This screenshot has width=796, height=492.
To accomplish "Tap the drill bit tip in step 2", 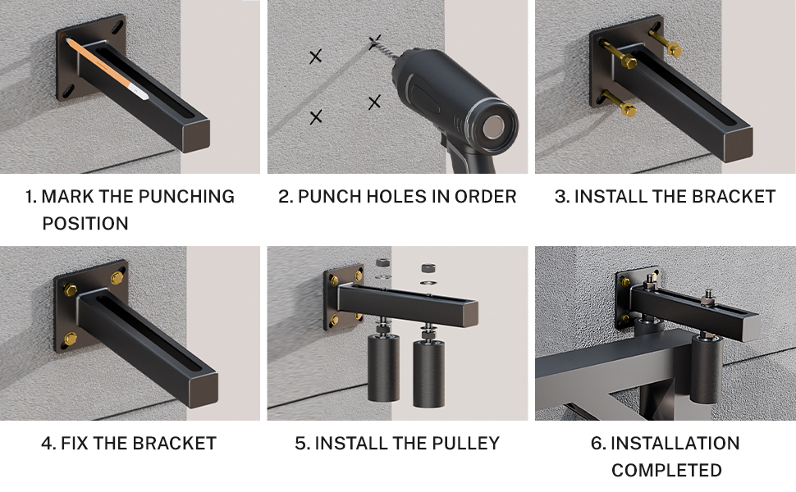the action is click(374, 41).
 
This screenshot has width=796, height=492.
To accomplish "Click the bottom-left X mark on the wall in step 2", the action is click(316, 117).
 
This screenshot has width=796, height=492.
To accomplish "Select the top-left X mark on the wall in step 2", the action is click(315, 57).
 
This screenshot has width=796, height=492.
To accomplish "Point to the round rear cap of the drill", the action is click(492, 127).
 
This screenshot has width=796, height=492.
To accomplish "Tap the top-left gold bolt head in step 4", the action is click(71, 290).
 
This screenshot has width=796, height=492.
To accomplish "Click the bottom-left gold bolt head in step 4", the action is click(70, 339).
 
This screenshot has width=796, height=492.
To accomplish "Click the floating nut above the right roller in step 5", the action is click(428, 267).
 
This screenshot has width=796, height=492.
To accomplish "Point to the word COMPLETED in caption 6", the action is click(666, 470).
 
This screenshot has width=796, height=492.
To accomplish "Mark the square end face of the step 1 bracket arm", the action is click(195, 135).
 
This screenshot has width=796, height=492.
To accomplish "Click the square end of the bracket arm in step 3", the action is click(738, 145).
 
